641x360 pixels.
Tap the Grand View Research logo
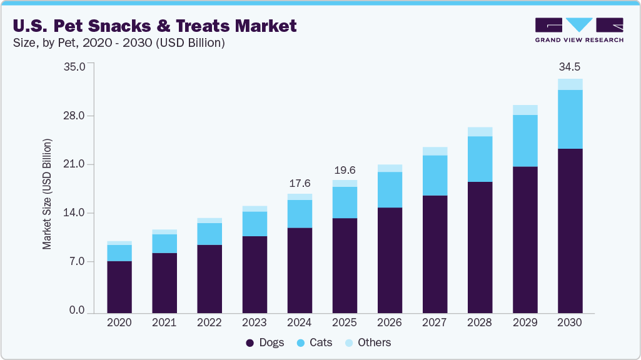point(578,29)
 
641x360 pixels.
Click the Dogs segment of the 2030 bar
point(570,231)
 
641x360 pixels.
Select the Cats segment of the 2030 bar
point(570,119)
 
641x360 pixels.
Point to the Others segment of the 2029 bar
point(525,110)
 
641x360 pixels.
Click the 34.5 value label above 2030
point(570,66)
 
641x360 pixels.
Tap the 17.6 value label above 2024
point(299,183)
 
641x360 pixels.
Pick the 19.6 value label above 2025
point(345,171)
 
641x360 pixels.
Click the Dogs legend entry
point(265,342)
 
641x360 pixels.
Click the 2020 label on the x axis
point(119,322)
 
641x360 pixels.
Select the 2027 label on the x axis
point(435,322)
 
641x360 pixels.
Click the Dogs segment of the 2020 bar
point(119,287)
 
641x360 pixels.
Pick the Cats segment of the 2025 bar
point(345,202)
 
